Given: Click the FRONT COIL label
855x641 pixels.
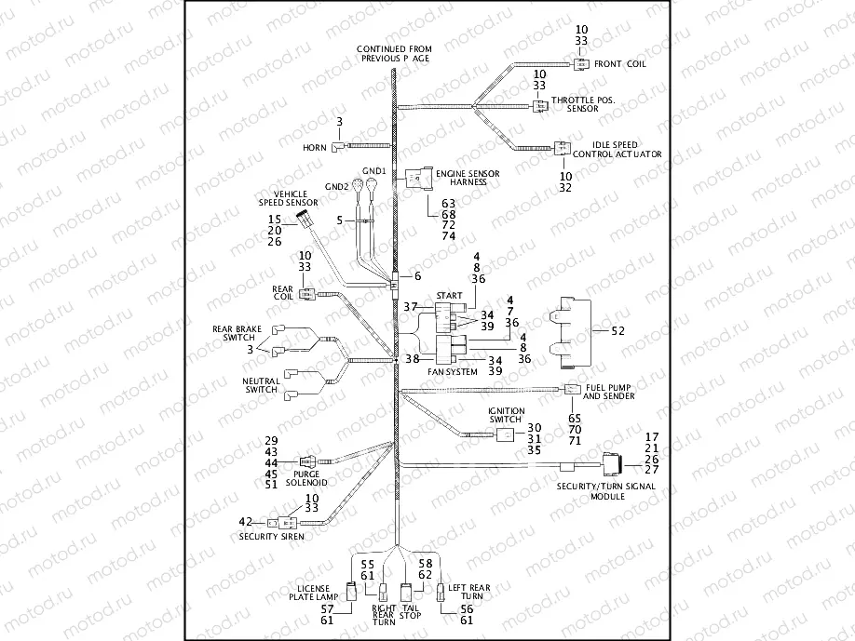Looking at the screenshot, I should tap(619, 64).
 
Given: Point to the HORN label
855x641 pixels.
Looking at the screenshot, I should tap(314, 148).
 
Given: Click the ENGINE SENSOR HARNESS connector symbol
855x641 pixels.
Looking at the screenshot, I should tap(418, 176).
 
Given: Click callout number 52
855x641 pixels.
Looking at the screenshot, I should tap(617, 330).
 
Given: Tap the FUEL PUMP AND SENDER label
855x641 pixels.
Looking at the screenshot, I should tap(609, 392).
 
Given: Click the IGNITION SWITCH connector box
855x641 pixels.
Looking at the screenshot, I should tap(504, 434).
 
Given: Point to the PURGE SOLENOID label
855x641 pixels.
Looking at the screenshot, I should tap(305, 478).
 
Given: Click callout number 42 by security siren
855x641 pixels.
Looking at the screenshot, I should tap(246, 521).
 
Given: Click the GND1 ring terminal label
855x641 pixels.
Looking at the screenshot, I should tap(373, 172).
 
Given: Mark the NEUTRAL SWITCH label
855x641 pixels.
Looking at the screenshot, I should tap(261, 385).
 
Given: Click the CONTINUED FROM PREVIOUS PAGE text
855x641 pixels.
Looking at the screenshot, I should tap(394, 53).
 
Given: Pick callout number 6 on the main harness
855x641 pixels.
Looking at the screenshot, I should tap(418, 276).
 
